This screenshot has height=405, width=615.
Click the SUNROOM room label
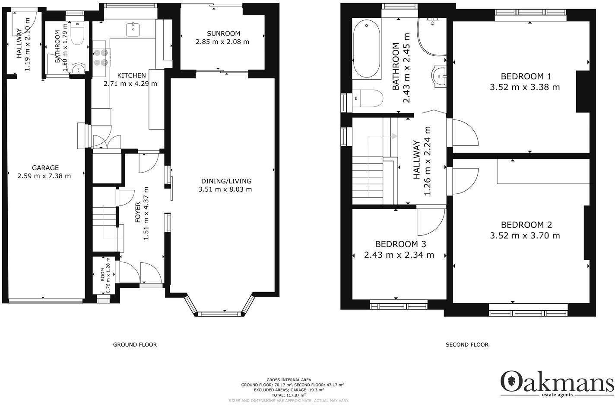(x=223, y=33)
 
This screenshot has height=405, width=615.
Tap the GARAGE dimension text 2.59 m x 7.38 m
(x=44, y=176)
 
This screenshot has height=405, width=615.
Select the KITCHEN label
(x=130, y=75)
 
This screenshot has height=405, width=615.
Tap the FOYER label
(x=138, y=212)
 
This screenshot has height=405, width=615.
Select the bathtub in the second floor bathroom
(x=367, y=50)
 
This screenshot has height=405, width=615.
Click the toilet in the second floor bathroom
(x=367, y=99)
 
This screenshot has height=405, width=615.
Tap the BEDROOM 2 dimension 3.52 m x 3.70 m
(x=525, y=236)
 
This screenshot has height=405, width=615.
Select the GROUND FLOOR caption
(x=135, y=345)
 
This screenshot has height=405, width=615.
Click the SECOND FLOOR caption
(x=467, y=345)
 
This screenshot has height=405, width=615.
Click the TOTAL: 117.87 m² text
(x=288, y=395)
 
